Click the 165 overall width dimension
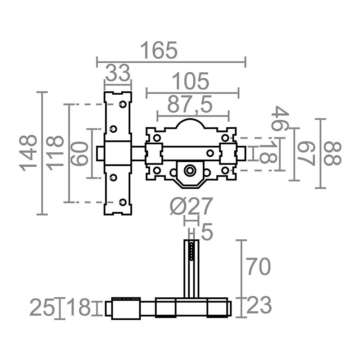point(159,50)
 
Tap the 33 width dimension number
point(117,74)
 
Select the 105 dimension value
point(190,81)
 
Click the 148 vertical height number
point(29,153)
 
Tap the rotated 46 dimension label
point(280,118)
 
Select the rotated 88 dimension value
point(332,153)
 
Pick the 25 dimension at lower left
point(42,308)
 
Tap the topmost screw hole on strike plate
point(123,104)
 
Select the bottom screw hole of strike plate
point(123,202)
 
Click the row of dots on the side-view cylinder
point(192,251)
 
